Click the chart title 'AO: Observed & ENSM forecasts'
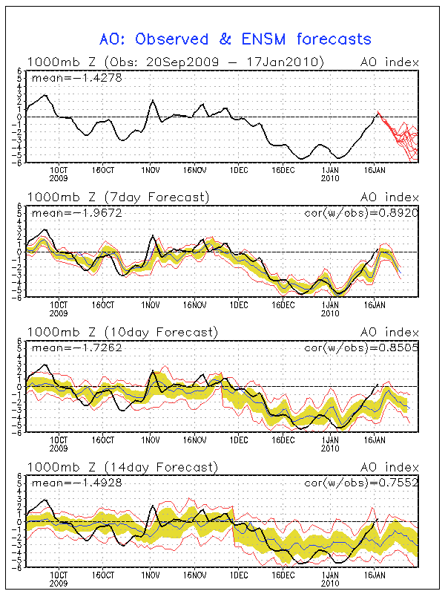point(235,38)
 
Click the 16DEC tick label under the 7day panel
point(283,305)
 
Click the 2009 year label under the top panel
point(59,178)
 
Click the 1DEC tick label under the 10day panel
point(239,440)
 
